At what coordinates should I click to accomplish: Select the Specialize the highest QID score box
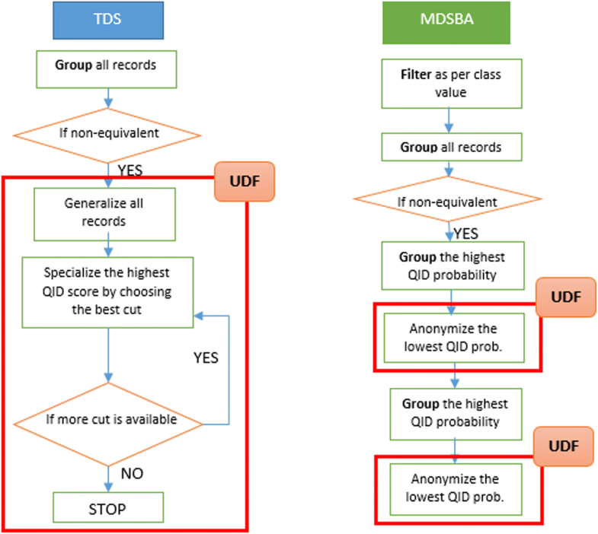click(x=107, y=291)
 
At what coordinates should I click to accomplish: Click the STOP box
click(x=107, y=507)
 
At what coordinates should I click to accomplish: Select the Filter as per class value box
click(x=450, y=84)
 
